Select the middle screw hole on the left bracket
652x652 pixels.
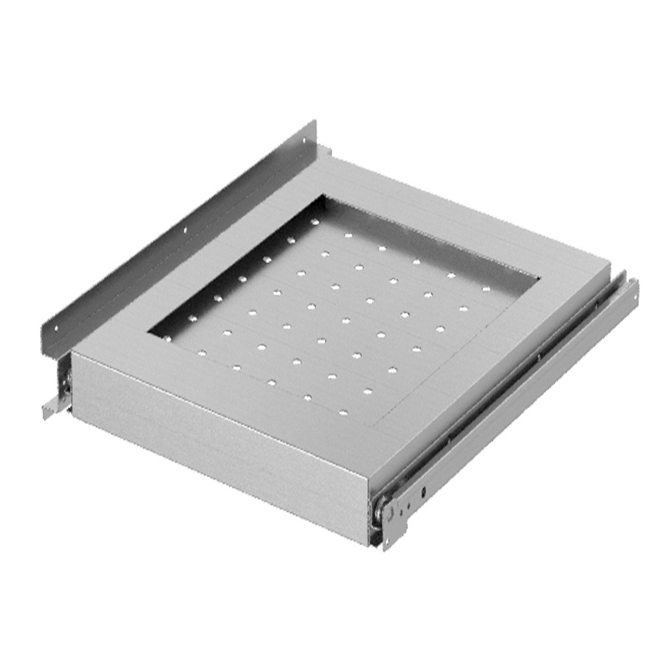pyautogui.click(x=185, y=230)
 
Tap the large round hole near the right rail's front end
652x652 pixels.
pyautogui.click(x=422, y=492)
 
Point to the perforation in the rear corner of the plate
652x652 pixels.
pyautogui.click(x=315, y=222)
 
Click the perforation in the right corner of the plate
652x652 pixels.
pyautogui.click(x=486, y=286)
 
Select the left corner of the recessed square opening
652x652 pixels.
pyautogui.click(x=149, y=332)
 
